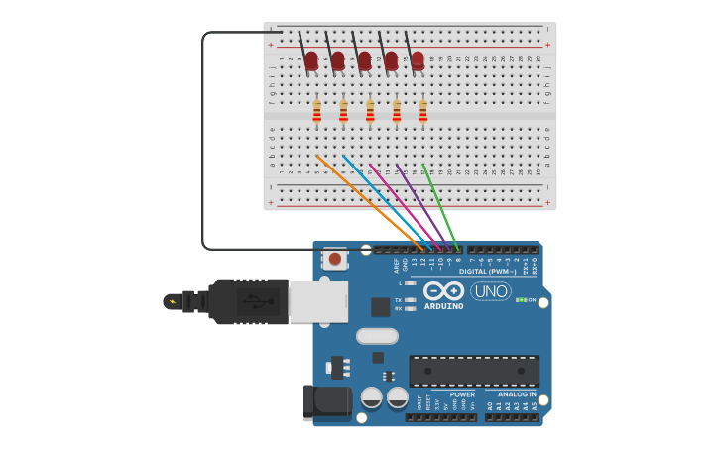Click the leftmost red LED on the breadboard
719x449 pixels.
click(311, 60)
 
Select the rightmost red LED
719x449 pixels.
click(418, 60)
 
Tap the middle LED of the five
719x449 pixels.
click(364, 60)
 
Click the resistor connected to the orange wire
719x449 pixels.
click(316, 111)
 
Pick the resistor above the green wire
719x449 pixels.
click(422, 111)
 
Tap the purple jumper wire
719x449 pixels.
click(420, 198)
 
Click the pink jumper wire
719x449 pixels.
click(402, 198)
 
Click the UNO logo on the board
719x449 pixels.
click(490, 291)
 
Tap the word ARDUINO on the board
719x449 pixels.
click(443, 306)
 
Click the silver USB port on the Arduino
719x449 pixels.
click(317, 301)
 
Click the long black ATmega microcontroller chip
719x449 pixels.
click(474, 371)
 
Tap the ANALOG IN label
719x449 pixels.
click(517, 394)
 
